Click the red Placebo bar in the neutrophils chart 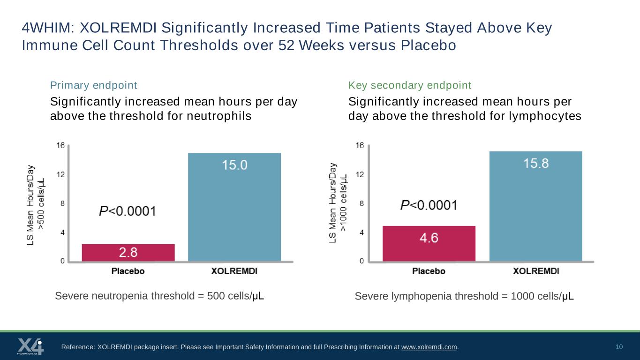click(128, 253)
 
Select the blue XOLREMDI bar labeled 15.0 click(234, 207)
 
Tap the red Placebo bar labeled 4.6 click(429, 243)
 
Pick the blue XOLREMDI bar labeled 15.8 click(536, 206)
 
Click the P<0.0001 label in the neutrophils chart click(128, 211)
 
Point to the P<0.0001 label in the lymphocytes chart click(429, 205)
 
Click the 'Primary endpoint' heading click(93, 85)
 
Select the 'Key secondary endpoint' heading click(410, 85)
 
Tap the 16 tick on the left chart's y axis click(60, 145)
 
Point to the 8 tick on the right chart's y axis click(361, 203)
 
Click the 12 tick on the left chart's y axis click(60, 174)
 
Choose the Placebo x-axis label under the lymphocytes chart click(429, 271)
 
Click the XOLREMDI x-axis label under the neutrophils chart click(234, 271)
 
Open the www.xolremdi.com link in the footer click(429, 347)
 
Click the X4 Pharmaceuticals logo click(30, 346)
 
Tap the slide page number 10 click(619, 347)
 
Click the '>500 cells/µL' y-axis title click(41, 204)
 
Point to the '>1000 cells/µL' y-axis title click(343, 202)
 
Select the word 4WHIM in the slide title click(46, 28)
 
